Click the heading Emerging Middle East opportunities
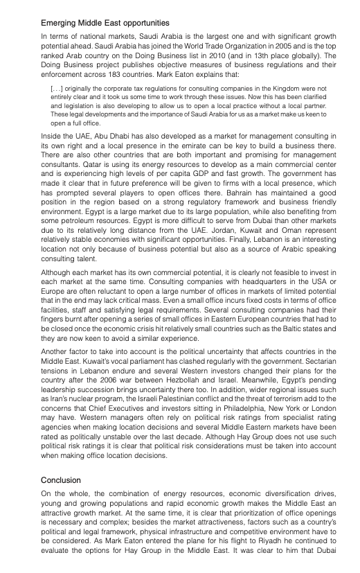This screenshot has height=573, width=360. click(105, 23)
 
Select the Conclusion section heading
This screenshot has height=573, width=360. click(61, 479)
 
